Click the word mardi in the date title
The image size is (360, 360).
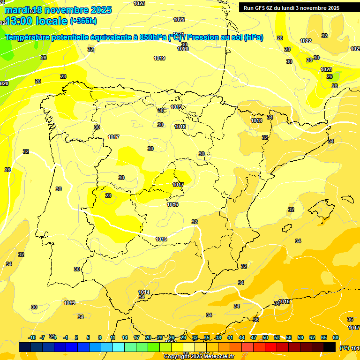[15, 10]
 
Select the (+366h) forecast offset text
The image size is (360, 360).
[83, 21]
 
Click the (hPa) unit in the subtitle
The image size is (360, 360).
[254, 37]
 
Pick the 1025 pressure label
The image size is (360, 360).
[326, 69]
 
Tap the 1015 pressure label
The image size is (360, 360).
[161, 240]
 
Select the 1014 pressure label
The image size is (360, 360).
[144, 292]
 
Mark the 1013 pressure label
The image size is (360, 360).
[69, 303]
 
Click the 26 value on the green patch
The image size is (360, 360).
[330, 76]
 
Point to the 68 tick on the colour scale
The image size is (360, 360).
[336, 337]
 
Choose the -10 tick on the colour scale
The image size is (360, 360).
[32, 337]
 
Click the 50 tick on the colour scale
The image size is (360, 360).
[265, 337]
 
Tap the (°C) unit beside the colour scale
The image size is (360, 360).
[344, 348]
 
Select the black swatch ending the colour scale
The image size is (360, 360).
[330, 347]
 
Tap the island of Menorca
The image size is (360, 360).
[349, 197]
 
